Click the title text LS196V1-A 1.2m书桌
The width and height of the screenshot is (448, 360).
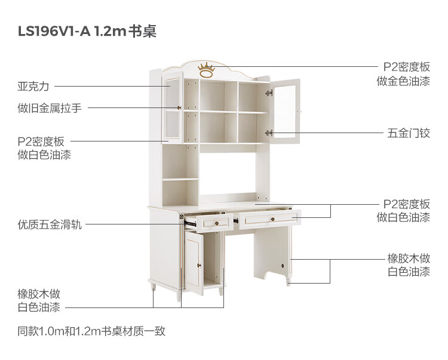[x=87, y=31]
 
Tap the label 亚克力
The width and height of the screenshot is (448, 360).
[x=33, y=87]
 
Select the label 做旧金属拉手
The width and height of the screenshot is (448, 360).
[x=50, y=108]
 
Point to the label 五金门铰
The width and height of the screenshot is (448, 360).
[x=409, y=133]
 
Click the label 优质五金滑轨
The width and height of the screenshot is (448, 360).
[x=50, y=225]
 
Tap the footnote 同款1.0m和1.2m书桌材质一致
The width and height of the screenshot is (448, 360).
[x=91, y=331]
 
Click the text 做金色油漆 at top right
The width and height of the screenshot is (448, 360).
[x=403, y=82]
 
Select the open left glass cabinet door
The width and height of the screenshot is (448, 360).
[x=172, y=107]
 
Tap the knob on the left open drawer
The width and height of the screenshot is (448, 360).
[x=214, y=223]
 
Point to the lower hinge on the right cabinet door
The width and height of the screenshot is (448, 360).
[x=269, y=133]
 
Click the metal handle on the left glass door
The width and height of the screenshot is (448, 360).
[x=180, y=108]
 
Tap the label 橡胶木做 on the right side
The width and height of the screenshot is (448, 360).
[x=409, y=259]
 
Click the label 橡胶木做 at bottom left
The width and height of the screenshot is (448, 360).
[x=39, y=294]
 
